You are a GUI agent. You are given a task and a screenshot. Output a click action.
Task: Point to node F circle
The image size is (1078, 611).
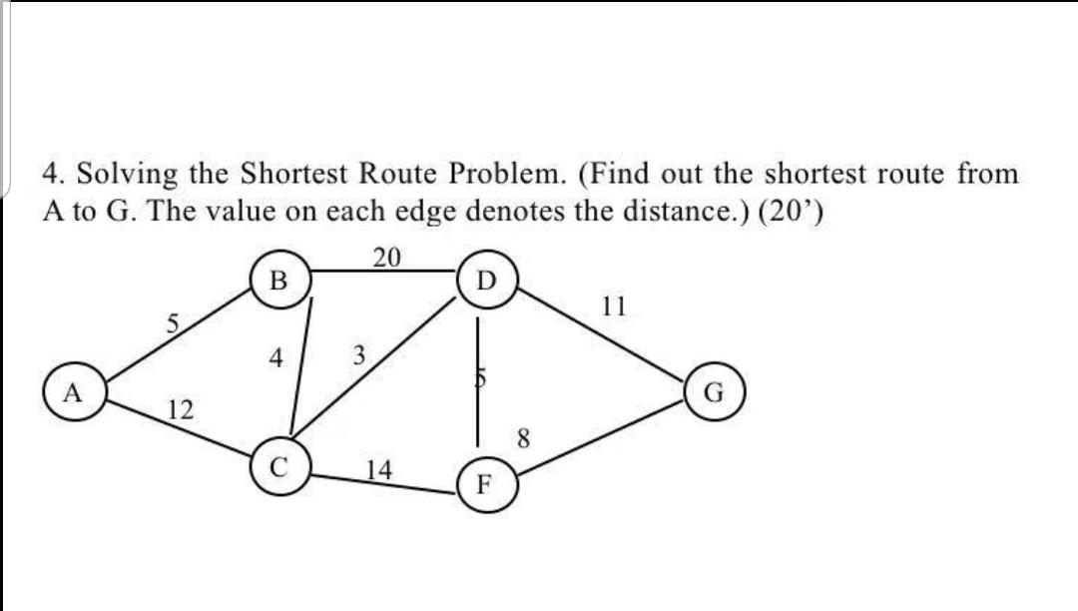tap(483, 488)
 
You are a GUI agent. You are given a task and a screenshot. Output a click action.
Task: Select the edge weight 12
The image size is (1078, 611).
tap(182, 409)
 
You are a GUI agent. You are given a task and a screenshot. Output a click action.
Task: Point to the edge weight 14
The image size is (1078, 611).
tap(379, 468)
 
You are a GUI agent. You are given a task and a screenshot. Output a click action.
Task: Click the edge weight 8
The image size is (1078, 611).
tap(523, 436)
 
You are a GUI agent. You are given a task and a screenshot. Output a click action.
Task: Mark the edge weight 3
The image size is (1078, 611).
tap(359, 353)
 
